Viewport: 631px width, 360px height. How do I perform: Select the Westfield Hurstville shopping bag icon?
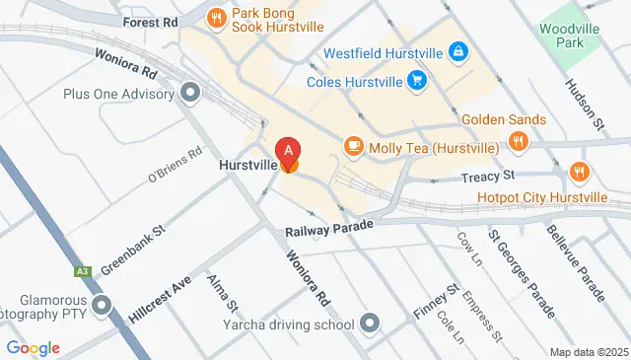(457, 50)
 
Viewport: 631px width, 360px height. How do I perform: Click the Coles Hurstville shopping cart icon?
(418, 81)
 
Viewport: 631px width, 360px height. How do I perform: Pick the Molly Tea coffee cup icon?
(352, 147)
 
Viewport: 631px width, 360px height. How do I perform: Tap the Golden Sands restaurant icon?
(516, 141)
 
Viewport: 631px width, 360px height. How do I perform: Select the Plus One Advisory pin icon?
(190, 95)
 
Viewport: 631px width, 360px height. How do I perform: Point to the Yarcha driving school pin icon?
(370, 323)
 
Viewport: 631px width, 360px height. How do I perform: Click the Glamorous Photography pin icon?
(100, 308)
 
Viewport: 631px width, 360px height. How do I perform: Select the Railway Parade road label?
(330, 229)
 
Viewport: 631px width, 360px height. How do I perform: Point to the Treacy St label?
(489, 177)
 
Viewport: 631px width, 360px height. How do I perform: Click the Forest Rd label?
(149, 21)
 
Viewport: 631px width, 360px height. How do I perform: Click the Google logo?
(33, 348)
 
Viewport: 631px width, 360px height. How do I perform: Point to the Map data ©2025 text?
(589, 352)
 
